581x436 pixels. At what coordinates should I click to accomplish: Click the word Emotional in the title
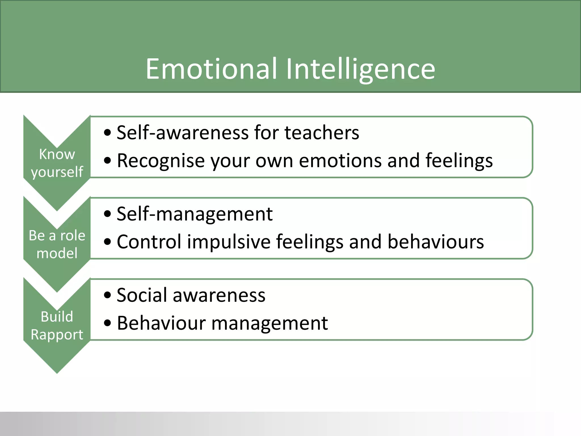point(211,69)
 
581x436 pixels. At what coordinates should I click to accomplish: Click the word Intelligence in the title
point(360,69)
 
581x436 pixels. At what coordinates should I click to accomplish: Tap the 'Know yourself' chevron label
point(57,163)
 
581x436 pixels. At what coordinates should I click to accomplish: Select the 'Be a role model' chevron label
point(57,244)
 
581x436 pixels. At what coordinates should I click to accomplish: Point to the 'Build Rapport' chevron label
point(57,325)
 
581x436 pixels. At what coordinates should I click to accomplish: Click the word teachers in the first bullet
point(322,133)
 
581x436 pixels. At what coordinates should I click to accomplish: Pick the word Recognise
point(161,161)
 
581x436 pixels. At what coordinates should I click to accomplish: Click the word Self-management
point(195,214)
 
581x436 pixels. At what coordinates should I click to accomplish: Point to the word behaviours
point(436,242)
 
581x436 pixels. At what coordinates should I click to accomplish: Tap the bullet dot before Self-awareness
point(108,133)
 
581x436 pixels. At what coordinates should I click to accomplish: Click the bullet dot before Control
point(108,242)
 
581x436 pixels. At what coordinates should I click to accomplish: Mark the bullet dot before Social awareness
point(108,295)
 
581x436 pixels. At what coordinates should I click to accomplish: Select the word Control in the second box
point(149,242)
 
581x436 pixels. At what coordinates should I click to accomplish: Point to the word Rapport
point(57,334)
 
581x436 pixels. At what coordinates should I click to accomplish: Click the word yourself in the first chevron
point(57,172)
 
